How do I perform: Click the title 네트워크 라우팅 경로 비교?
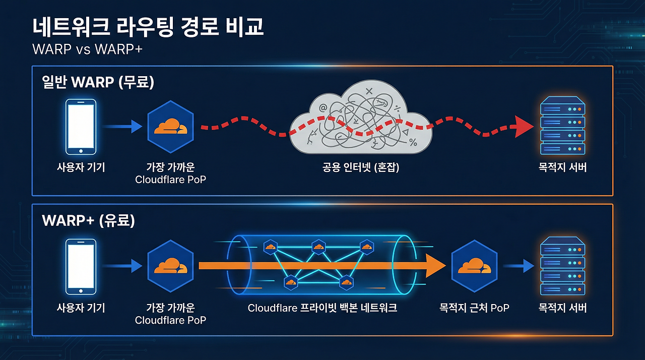point(148,27)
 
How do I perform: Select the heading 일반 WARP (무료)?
point(98,82)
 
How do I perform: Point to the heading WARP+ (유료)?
point(89,221)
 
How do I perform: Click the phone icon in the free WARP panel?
point(81,127)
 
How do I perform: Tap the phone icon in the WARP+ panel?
point(81,266)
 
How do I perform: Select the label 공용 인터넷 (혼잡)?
point(361,168)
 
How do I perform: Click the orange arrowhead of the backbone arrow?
point(434,266)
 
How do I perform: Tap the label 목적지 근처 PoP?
point(475,307)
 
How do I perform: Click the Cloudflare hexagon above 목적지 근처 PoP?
point(475,266)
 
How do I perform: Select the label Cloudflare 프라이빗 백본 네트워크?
point(322,308)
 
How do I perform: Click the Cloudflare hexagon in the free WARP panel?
point(170,127)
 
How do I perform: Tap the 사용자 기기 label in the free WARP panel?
point(81,168)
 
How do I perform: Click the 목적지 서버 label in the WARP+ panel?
point(563,307)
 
